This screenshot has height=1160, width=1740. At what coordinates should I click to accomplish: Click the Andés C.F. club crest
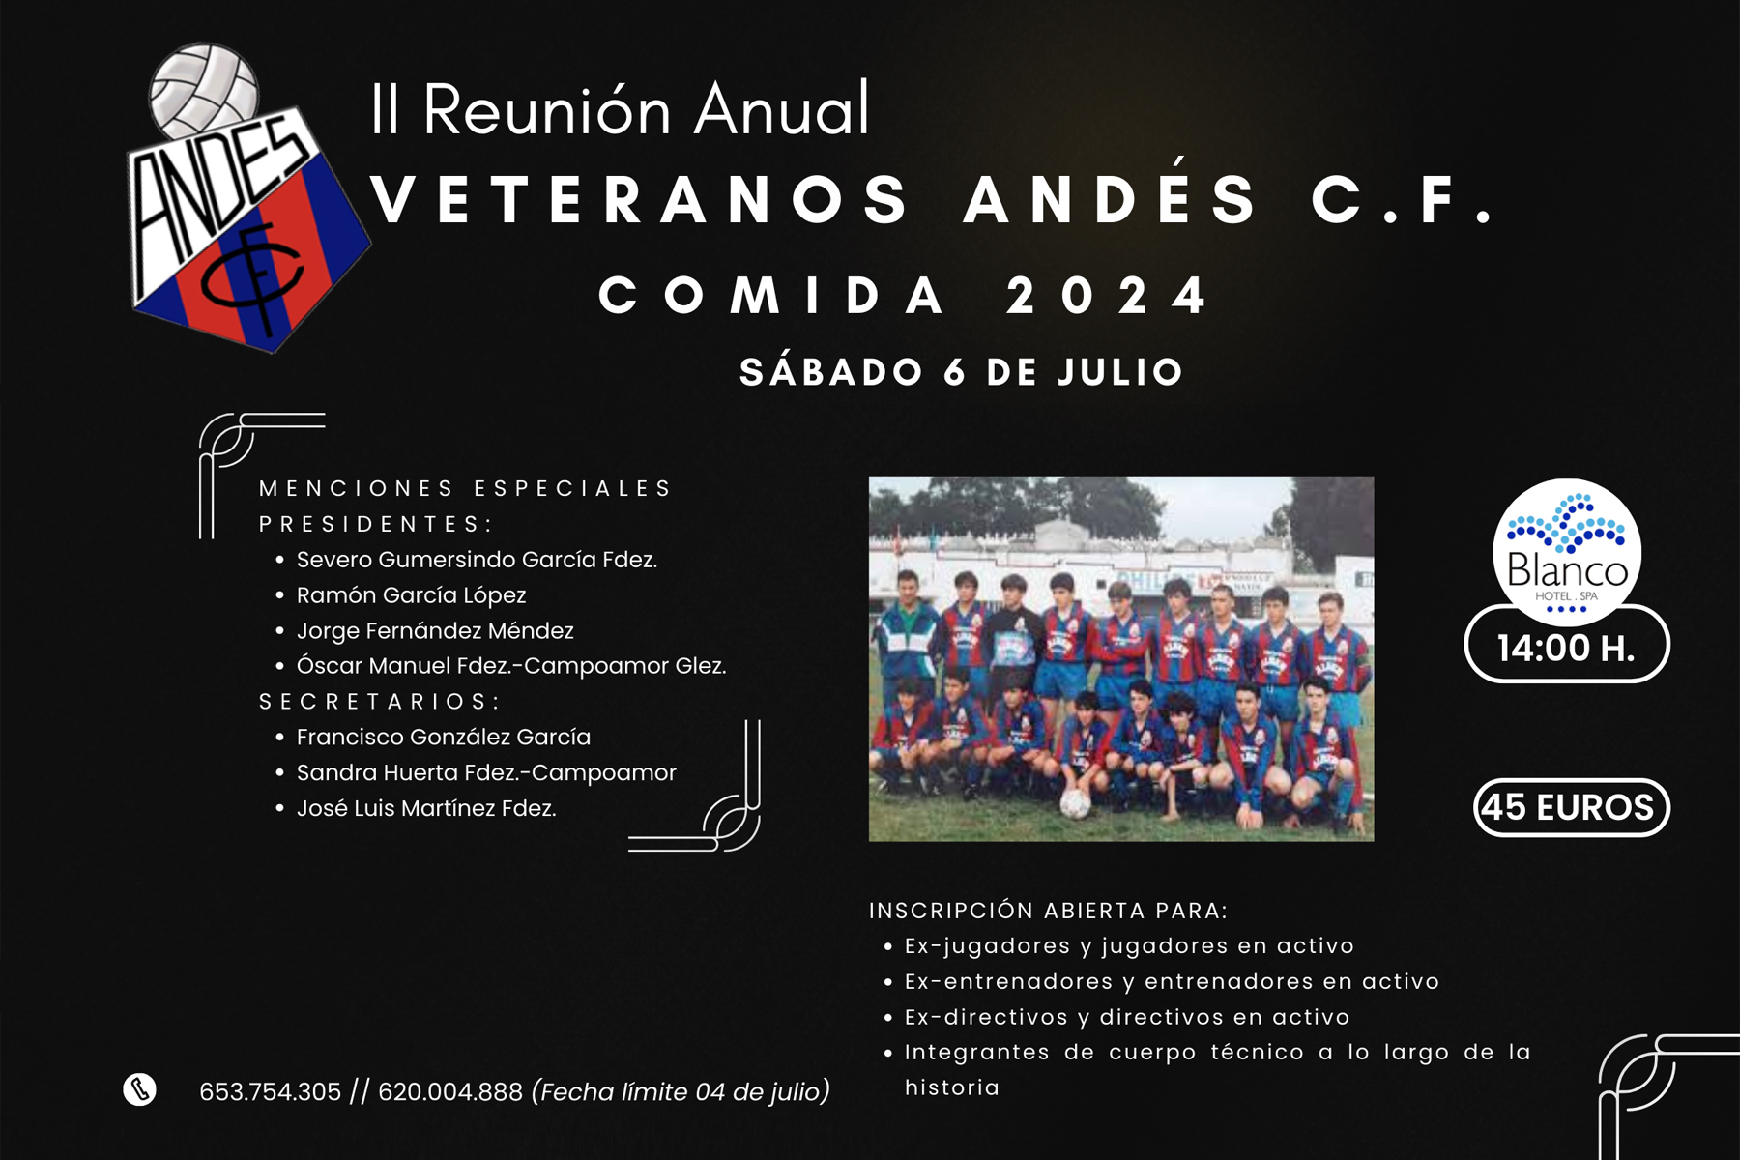247,203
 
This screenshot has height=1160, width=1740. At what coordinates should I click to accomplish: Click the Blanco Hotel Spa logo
1567,548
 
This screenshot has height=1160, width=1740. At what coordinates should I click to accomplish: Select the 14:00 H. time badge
1567,647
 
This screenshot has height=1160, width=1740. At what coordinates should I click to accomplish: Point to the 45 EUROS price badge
1572,807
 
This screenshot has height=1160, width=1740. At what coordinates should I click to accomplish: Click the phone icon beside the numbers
140,1089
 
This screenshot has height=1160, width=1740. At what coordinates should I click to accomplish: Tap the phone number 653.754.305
271,1092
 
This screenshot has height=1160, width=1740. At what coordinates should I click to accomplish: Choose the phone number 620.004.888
450,1092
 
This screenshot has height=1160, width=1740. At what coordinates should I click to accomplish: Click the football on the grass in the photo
1074,803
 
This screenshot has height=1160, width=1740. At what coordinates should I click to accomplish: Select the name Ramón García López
412,595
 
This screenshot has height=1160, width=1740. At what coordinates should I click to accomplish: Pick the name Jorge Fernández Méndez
435,631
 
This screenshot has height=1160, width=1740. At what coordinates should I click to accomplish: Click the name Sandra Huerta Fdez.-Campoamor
486,773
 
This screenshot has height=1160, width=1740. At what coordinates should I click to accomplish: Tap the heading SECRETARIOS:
379,702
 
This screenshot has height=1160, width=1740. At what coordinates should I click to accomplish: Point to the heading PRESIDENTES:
376,524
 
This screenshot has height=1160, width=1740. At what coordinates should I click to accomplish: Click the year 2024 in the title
1108,295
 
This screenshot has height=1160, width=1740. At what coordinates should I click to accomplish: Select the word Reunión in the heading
546,111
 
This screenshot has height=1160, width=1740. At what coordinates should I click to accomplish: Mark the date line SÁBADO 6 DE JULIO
962,372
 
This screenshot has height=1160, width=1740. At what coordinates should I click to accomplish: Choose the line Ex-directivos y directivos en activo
1127,1017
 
